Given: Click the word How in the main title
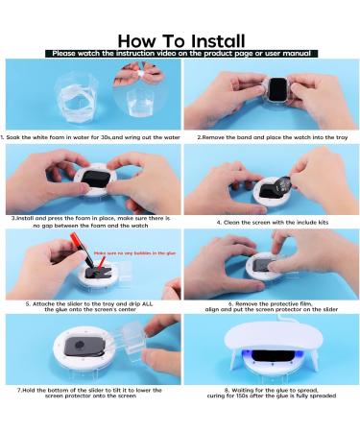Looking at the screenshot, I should (137, 40).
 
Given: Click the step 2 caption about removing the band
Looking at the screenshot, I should (271, 137).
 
